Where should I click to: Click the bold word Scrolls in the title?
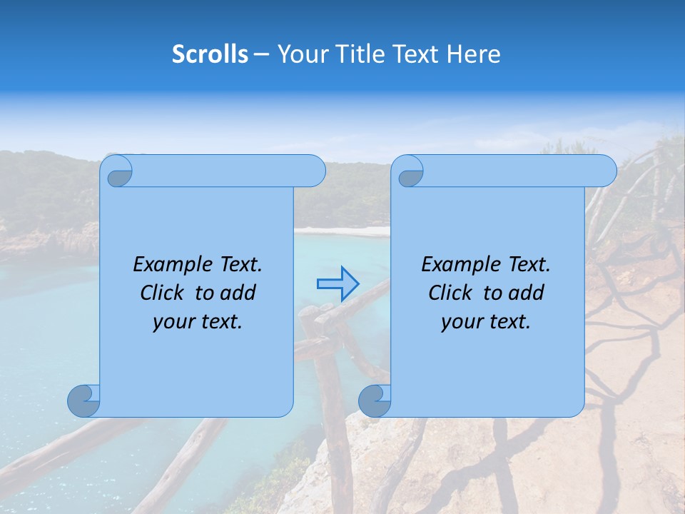tap(210, 54)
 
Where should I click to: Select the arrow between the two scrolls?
tap(338, 284)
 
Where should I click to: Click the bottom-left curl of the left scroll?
tap(83, 400)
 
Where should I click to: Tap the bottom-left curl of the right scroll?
tap(375, 400)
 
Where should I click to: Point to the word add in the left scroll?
tap(238, 293)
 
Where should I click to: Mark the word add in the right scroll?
tap(526, 293)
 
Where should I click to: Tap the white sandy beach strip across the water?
tap(342, 231)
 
